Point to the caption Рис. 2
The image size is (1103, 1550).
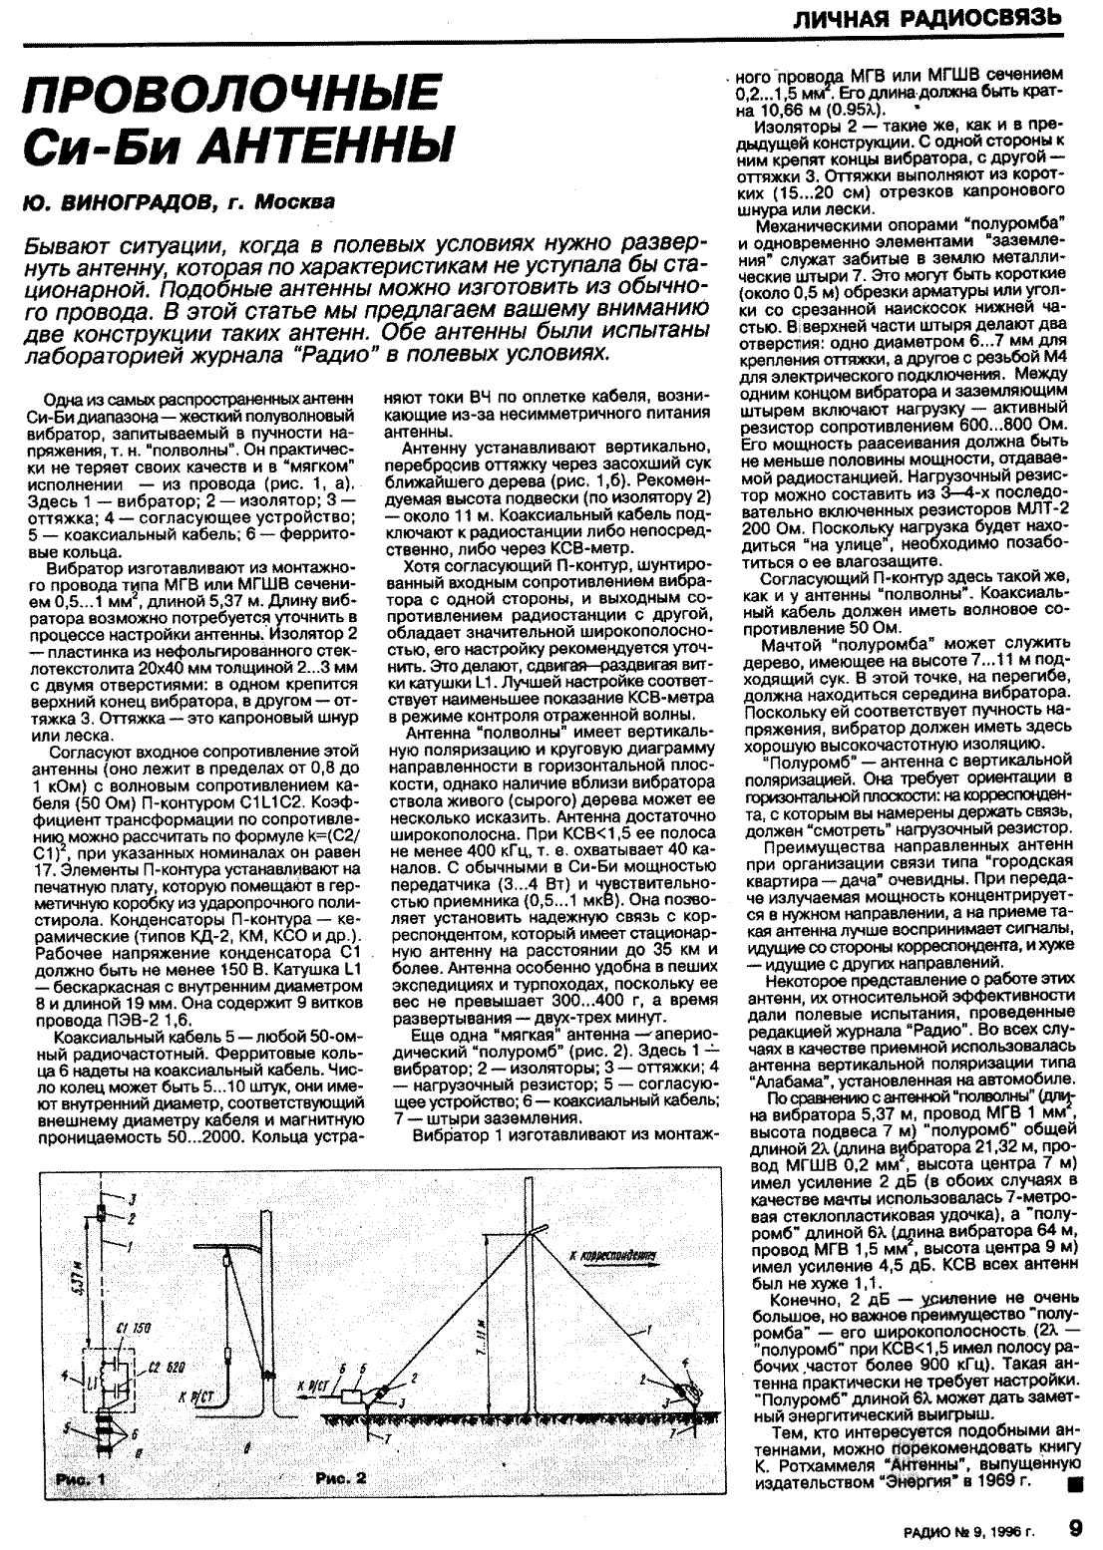click(340, 1477)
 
